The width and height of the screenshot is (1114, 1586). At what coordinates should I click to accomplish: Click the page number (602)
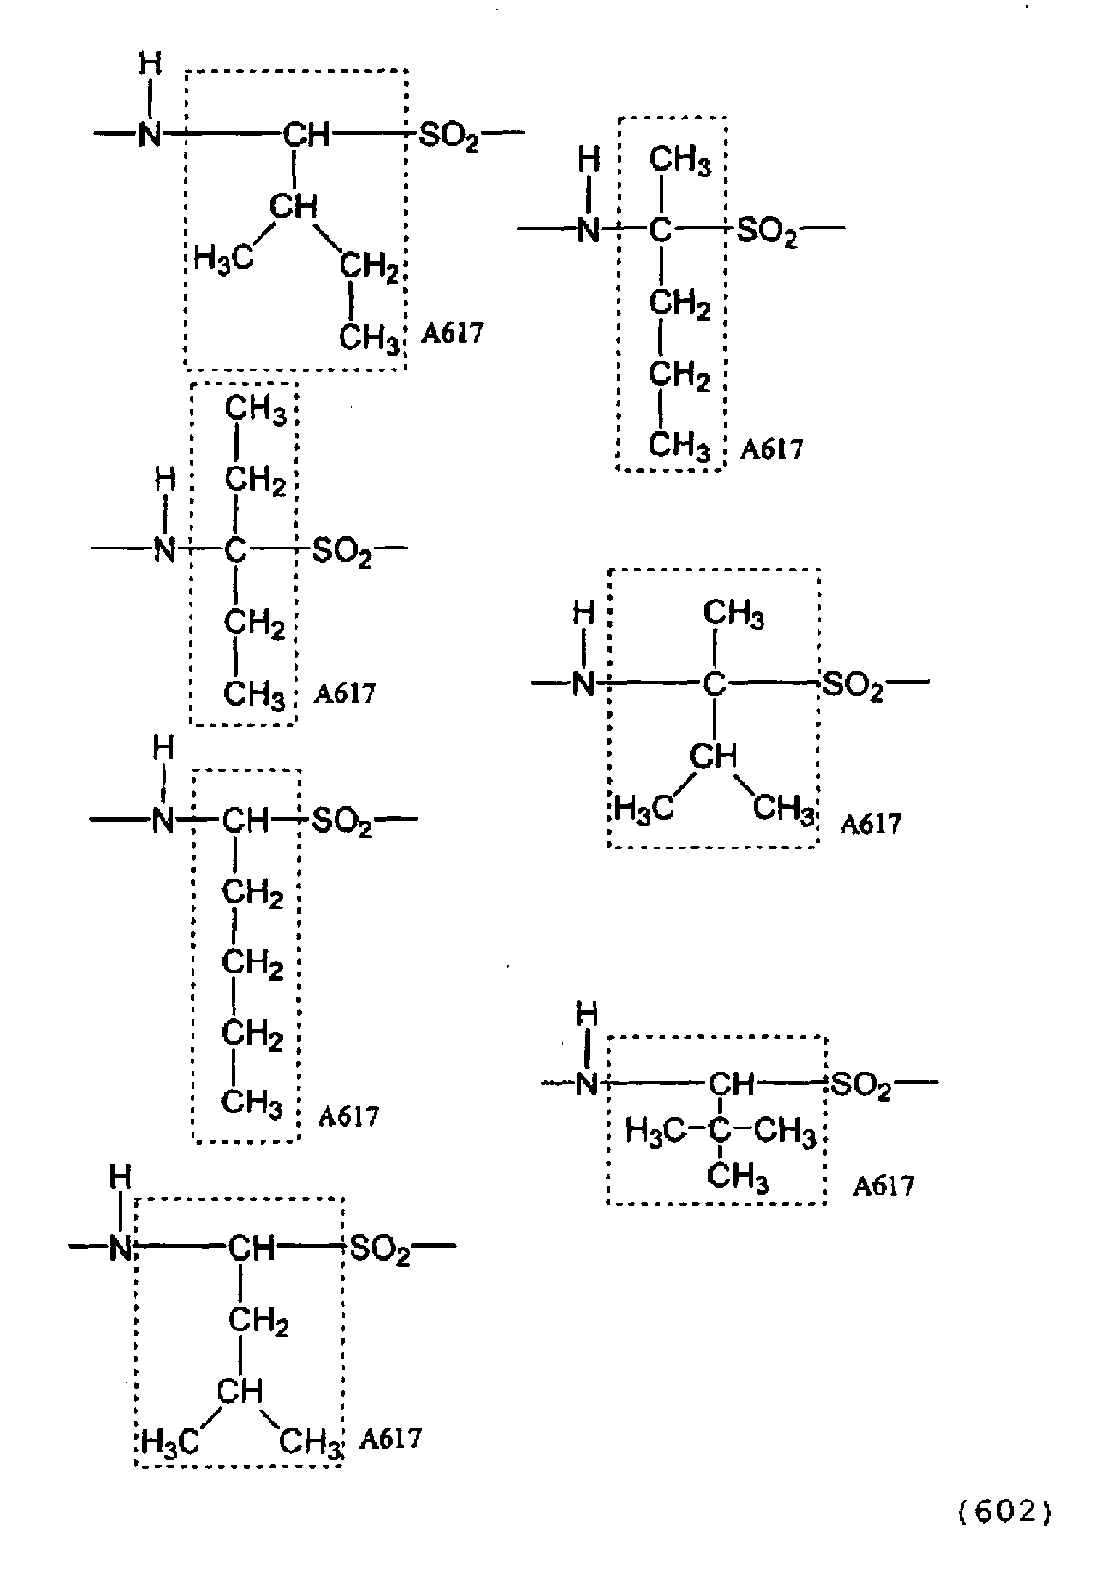[x=1005, y=1513]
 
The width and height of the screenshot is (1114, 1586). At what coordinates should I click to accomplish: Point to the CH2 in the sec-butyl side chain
[x=370, y=268]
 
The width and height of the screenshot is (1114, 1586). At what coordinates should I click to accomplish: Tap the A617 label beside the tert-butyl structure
[x=883, y=1186]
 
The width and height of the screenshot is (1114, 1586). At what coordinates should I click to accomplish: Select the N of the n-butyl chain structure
[x=163, y=822]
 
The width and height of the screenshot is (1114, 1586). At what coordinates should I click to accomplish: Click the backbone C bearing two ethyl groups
[x=234, y=551]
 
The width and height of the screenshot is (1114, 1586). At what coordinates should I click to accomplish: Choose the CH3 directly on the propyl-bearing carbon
[x=680, y=161]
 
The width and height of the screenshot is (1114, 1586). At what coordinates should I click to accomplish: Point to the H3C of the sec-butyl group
[x=224, y=258]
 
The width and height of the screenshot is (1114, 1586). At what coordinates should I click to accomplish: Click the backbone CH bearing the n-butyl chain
[x=245, y=822]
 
